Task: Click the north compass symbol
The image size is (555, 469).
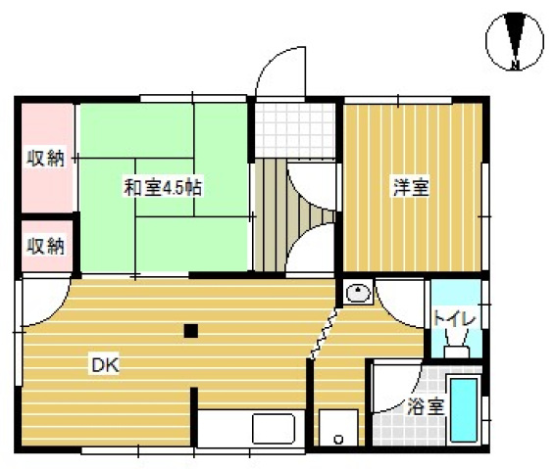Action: point(516,42)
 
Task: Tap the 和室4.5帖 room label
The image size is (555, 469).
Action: point(163,187)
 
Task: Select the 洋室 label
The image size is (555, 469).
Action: point(411,187)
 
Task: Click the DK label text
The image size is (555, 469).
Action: point(105,366)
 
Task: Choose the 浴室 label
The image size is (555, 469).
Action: point(426,403)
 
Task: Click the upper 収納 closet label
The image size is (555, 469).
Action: point(46,158)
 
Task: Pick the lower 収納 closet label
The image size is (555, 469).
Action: point(46,245)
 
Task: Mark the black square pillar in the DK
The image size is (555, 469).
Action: point(191,331)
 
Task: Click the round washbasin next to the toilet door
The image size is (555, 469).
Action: point(357,292)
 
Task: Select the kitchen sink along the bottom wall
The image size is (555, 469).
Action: point(274,429)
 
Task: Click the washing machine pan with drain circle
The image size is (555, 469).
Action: point(338,428)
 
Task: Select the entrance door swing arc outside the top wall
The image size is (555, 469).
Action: point(278,73)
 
